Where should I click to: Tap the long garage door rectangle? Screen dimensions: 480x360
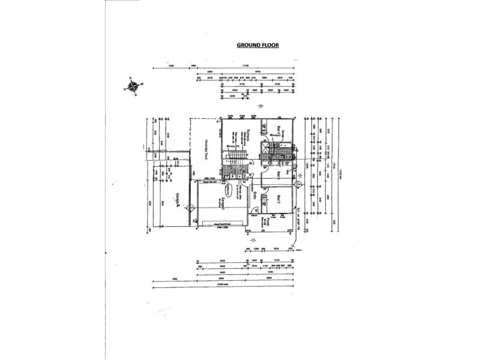click(223, 226)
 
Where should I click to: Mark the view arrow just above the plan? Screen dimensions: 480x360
click(260, 106)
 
